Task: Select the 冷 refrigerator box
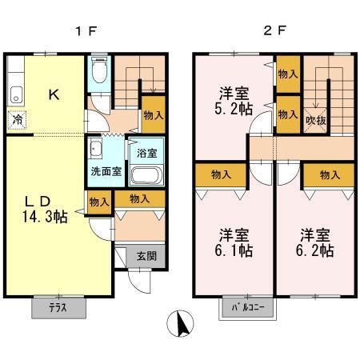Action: (17, 121)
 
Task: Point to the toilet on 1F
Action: (98, 73)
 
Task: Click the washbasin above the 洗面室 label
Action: (96, 150)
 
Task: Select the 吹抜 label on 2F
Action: (315, 120)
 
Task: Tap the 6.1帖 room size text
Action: (234, 250)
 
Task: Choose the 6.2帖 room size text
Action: (316, 250)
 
